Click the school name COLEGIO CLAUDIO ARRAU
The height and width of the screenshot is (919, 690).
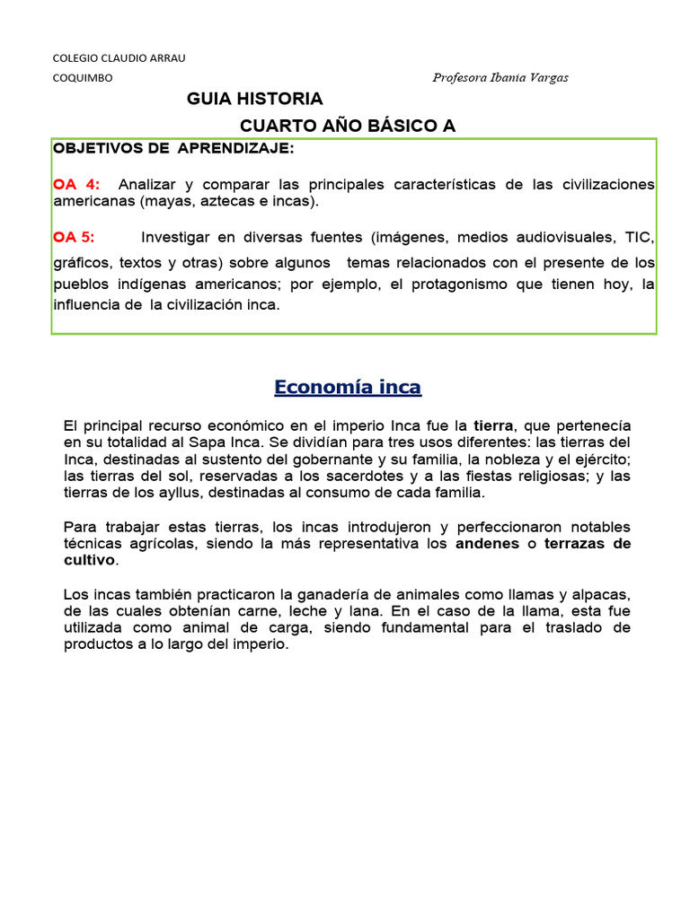point(119,58)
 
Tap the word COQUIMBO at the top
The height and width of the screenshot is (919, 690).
point(83,78)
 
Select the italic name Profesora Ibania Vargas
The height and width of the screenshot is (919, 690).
point(500,78)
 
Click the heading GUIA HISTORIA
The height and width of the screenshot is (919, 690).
point(254,99)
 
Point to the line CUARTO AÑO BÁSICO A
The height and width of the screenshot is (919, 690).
point(348,126)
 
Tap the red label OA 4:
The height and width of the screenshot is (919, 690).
point(76,184)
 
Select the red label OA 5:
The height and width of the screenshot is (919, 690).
point(74,237)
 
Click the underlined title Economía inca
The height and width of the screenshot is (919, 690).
point(348,388)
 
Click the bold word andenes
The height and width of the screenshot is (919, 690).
point(488,544)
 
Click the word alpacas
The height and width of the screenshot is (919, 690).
point(601,594)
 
